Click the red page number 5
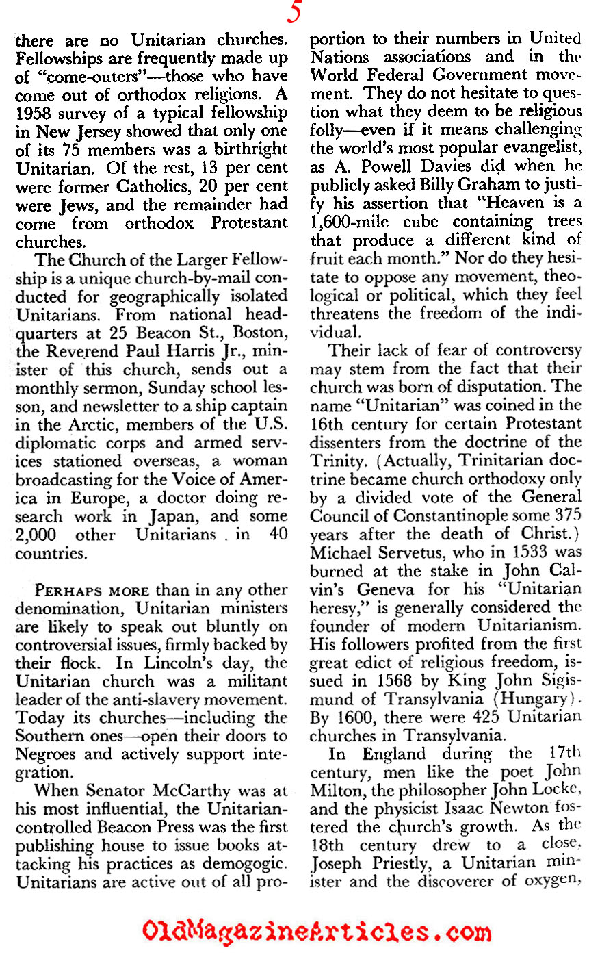pos(294,13)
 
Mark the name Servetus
pos(406,553)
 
